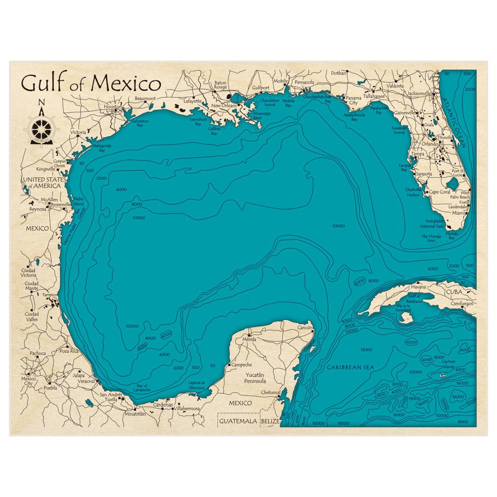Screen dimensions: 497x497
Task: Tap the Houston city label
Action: click(113, 107)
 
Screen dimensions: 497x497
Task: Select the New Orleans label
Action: click(224, 106)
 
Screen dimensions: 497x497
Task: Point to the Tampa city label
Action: click(417, 154)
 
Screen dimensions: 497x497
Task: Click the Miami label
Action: click(459, 213)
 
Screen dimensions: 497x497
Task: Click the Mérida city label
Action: click(249, 339)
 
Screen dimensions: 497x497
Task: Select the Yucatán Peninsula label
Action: click(254, 378)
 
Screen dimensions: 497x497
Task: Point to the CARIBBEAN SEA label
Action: click(350, 367)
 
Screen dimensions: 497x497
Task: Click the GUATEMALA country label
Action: click(238, 421)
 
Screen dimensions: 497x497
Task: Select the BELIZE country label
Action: click(270, 421)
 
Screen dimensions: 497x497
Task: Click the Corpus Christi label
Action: click(59, 164)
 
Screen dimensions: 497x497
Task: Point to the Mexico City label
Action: click(29, 381)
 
